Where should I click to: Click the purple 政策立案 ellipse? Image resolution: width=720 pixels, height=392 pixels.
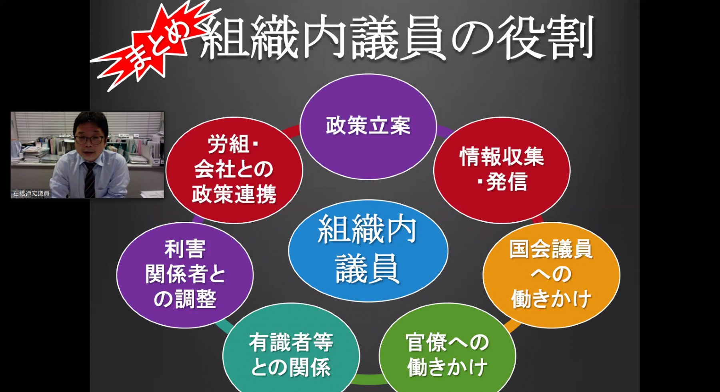[368, 127]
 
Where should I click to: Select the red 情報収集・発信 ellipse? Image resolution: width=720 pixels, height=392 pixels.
[502, 170]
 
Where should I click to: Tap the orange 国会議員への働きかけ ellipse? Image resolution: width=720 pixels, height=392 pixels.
[552, 275]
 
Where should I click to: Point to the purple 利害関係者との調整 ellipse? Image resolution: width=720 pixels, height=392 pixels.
[185, 275]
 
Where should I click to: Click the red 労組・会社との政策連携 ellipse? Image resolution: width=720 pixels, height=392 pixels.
[234, 170]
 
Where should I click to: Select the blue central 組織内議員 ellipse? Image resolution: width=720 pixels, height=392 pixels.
[368, 250]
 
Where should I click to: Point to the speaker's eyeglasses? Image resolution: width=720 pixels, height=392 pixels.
[89, 140]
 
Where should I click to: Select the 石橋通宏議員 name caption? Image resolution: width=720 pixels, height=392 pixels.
[31, 194]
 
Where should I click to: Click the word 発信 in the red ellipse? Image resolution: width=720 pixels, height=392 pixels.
[507, 183]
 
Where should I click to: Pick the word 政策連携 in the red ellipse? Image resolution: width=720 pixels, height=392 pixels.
[234, 194]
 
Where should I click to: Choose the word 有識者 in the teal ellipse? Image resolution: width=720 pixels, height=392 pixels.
[280, 343]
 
